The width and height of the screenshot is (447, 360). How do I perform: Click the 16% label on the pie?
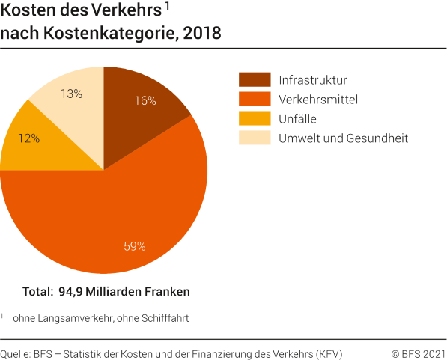(x=145, y=100)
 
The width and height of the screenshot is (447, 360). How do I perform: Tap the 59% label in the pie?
(x=134, y=245)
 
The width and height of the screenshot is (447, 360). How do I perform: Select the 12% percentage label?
(x=29, y=138)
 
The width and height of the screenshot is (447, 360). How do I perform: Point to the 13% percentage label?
(x=71, y=94)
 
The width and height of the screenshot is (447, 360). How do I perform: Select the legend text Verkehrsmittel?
(x=317, y=99)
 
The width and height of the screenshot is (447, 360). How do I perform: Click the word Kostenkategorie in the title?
(x=119, y=33)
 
